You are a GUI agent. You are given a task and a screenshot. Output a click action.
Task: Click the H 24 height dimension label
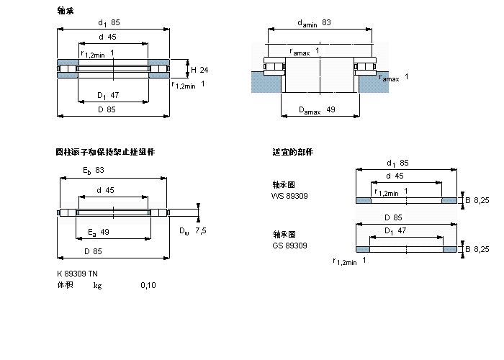pyautogui.click(x=199, y=70)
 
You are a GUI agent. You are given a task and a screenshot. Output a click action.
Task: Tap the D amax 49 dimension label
pyautogui.click(x=317, y=110)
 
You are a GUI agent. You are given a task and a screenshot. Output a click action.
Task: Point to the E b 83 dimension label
pyautogui.click(x=93, y=170)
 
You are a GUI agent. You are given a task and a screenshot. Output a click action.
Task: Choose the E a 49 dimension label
pyautogui.click(x=98, y=231)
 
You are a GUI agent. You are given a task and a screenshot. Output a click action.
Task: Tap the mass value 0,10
pyautogui.click(x=148, y=285)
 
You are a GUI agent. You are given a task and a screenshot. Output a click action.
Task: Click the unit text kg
pyautogui.click(x=97, y=285)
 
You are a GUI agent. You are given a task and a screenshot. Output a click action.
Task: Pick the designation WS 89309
pyautogui.click(x=289, y=195)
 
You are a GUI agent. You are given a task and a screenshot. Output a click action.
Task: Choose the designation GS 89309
pyautogui.click(x=289, y=246)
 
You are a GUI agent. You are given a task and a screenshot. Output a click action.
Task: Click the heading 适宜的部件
pyautogui.click(x=292, y=152)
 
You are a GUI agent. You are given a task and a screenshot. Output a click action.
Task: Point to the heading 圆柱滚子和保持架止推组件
pyautogui.click(x=105, y=152)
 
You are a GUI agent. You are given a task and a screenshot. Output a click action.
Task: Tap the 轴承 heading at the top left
pyautogui.click(x=65, y=11)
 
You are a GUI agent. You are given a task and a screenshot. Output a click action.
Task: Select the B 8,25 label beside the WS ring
pyautogui.click(x=476, y=199)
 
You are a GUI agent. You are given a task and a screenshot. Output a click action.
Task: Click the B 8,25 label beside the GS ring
pyautogui.click(x=476, y=248)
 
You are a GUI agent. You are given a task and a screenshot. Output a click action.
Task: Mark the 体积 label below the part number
pyautogui.click(x=65, y=285)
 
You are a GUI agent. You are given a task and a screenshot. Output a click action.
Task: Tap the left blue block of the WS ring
pyautogui.click(x=364, y=199)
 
